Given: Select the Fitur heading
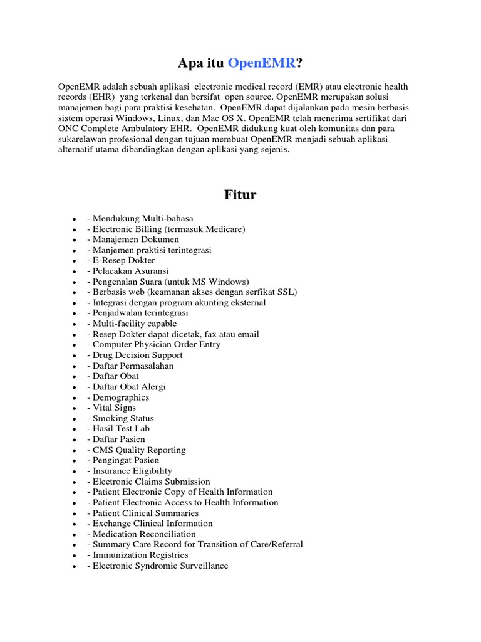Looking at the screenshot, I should (x=240, y=195).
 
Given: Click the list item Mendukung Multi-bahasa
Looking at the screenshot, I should (x=140, y=219).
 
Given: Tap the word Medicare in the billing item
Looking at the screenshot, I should (x=224, y=229).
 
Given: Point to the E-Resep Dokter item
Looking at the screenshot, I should (x=121, y=260).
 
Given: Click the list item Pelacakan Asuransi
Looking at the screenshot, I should (x=128, y=271).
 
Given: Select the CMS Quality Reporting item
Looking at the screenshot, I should (x=137, y=450).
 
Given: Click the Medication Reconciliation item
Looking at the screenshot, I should (x=142, y=534).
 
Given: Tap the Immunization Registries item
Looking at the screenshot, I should (x=138, y=555).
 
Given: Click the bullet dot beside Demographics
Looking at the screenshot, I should (x=74, y=398).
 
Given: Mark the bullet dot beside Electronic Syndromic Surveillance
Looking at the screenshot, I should (x=74, y=566).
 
